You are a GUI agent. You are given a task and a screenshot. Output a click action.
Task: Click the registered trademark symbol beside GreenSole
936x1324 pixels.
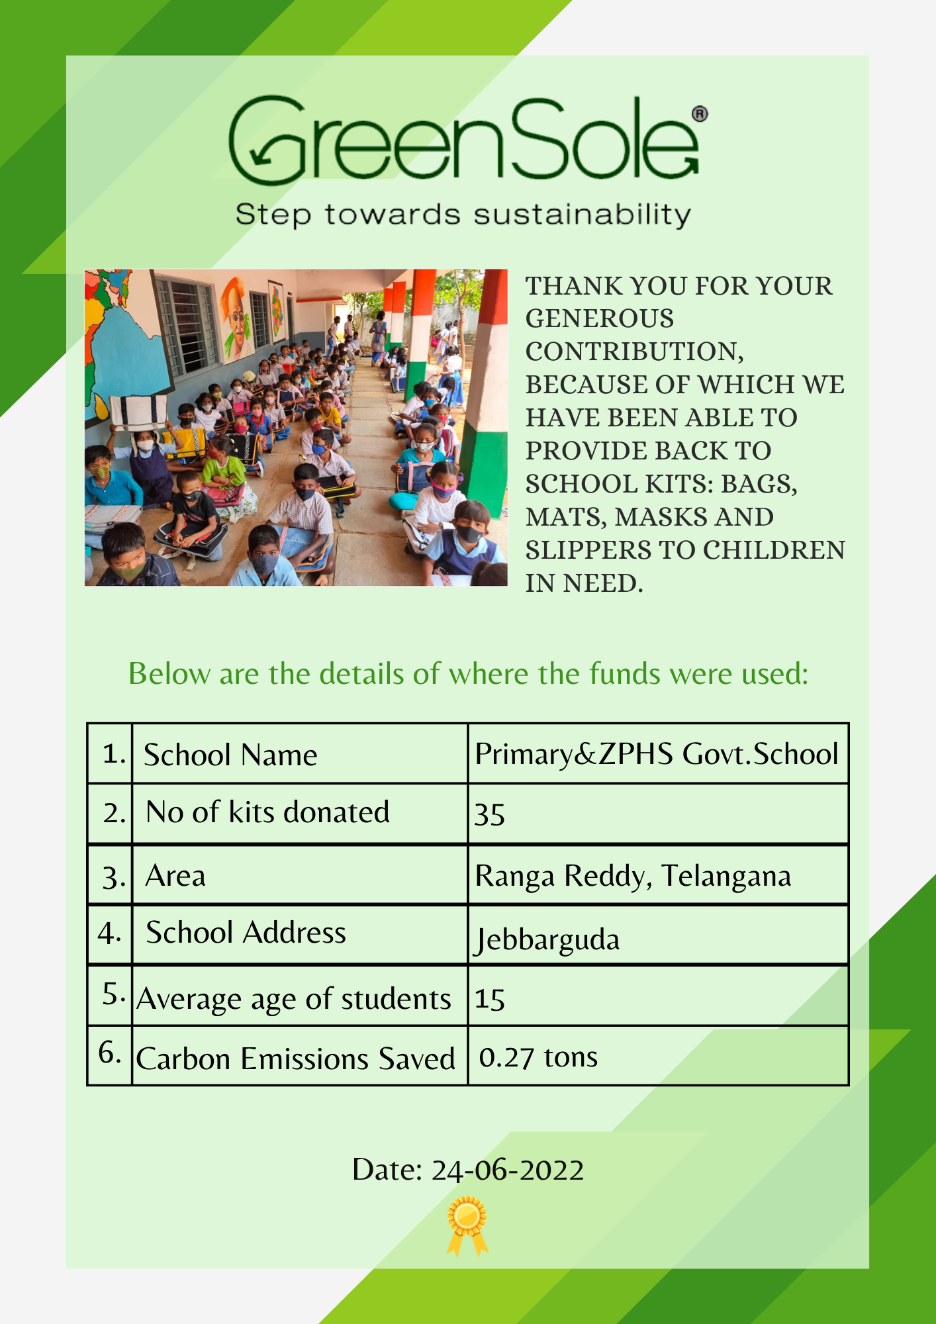(700, 114)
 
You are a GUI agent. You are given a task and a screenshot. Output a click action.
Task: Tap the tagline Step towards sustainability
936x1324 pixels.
(463, 215)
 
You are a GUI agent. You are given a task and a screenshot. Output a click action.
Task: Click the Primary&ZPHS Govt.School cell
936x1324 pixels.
(657, 754)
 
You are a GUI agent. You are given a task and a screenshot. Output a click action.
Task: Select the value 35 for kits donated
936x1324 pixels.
(490, 814)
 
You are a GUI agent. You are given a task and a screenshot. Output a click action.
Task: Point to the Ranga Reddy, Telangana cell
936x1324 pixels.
(633, 876)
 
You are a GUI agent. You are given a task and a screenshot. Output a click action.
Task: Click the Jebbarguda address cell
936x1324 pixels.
(547, 939)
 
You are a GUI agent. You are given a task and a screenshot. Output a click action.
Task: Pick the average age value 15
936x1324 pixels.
(490, 999)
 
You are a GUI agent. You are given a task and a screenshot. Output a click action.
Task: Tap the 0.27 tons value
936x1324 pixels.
(538, 1057)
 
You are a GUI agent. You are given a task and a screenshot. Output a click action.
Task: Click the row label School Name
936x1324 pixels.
(230, 755)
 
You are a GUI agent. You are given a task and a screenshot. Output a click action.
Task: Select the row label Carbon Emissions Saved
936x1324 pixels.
(295, 1059)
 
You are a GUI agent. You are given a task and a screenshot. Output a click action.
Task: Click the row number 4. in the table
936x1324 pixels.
(109, 933)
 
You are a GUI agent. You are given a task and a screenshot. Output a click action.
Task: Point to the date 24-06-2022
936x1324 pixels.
(507, 1170)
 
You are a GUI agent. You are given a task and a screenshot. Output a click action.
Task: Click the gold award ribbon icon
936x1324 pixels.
(467, 1225)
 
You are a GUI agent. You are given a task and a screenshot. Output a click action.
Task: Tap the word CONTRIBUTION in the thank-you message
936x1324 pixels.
(633, 352)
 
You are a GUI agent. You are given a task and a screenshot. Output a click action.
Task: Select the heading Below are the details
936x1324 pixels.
(468, 674)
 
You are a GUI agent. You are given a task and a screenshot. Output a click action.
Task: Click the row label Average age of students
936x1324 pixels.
(294, 999)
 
